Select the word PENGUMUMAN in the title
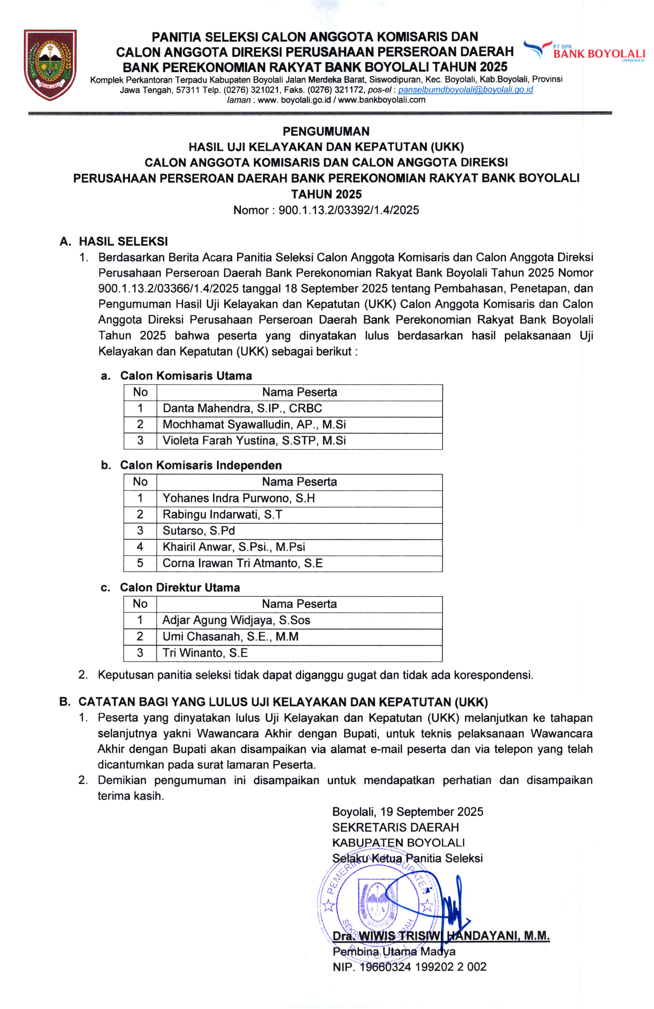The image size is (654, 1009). [x=326, y=131]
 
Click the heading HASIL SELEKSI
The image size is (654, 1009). [x=123, y=242]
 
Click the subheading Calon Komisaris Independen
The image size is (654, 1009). [x=201, y=465]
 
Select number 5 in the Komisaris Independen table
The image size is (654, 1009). [x=140, y=563]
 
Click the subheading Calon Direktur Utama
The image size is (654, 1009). [x=180, y=587]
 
